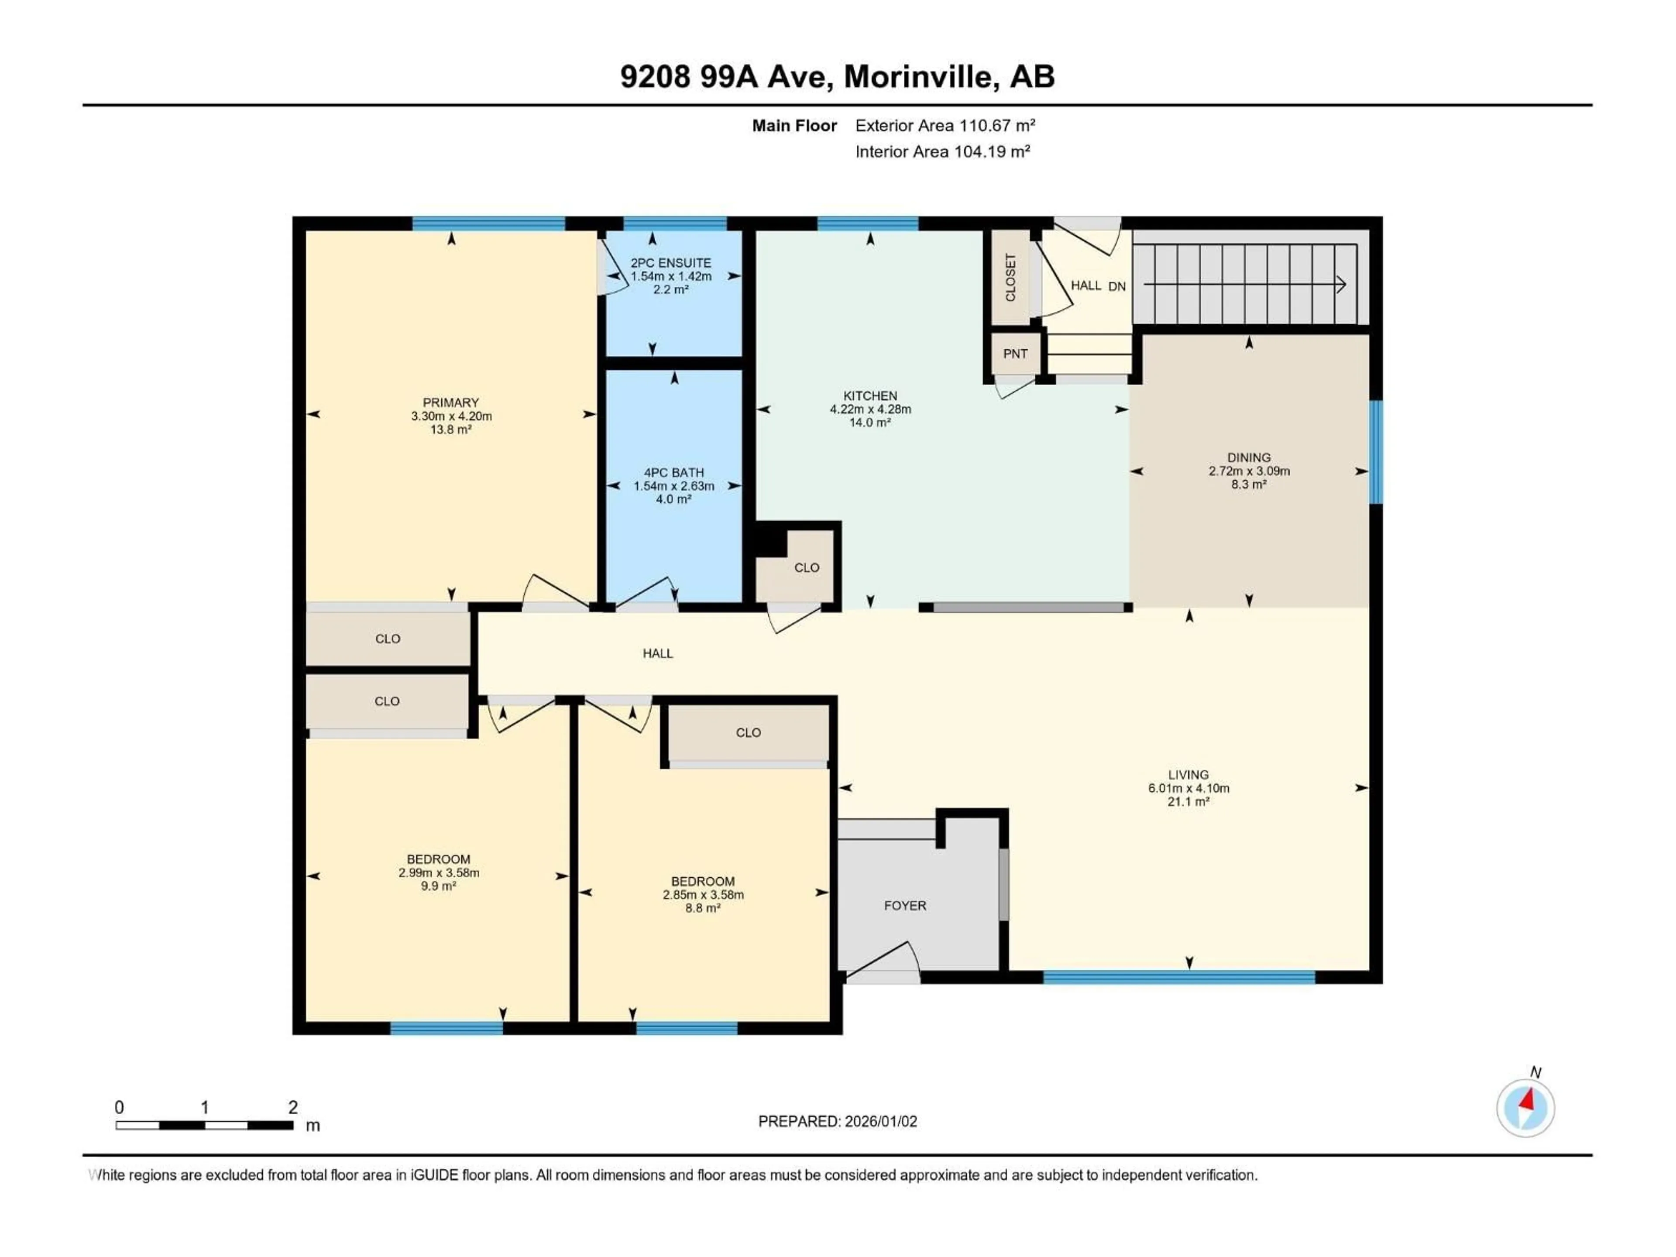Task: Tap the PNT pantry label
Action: (1015, 354)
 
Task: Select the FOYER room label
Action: (905, 906)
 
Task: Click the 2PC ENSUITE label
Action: (670, 263)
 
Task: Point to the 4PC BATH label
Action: (673, 472)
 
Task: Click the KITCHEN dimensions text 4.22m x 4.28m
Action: (870, 409)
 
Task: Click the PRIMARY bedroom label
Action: (451, 402)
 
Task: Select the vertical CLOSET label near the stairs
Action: (1010, 277)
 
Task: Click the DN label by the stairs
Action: (1117, 286)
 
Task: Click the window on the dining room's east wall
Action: (1375, 452)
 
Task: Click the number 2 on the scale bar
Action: (293, 1107)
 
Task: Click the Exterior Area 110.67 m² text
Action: (945, 126)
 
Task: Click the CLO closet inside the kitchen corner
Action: (806, 567)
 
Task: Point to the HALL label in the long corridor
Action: (658, 653)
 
